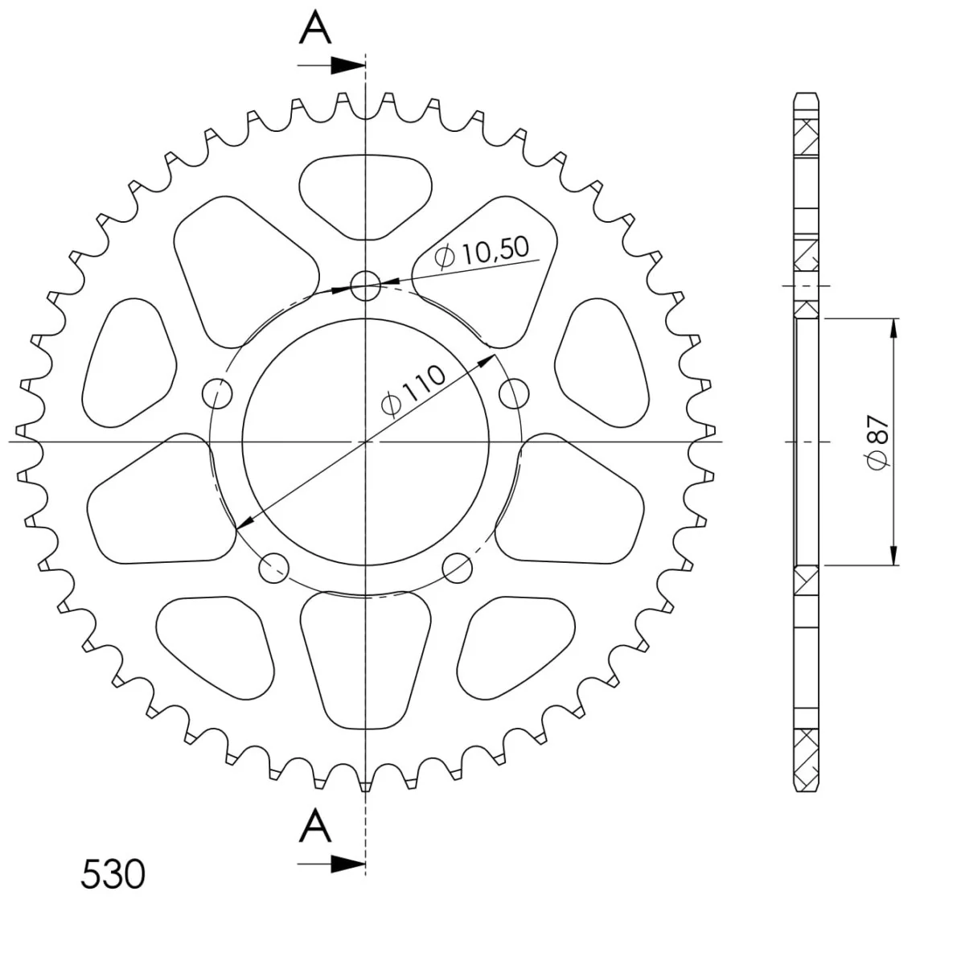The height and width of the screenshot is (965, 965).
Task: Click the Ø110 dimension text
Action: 413,391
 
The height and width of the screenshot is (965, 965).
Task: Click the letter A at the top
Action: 315,27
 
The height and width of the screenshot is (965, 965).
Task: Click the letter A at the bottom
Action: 315,825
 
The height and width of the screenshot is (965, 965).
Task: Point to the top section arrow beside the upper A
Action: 331,65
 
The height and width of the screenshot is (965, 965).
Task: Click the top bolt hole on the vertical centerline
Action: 365,286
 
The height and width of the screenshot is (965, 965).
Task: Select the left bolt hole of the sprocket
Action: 217,393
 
